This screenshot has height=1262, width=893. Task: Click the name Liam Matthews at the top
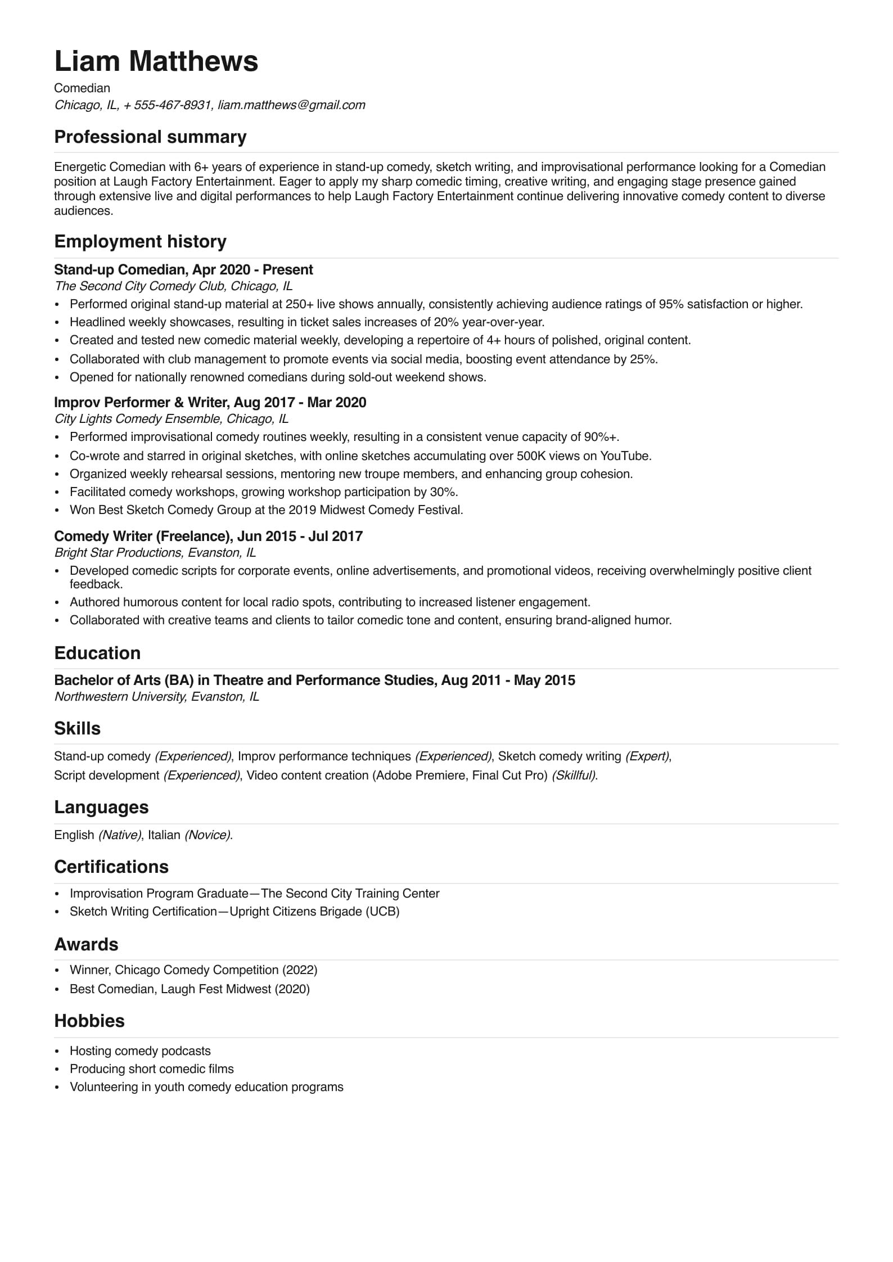pos(156,61)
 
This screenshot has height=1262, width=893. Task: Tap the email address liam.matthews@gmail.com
pos(291,105)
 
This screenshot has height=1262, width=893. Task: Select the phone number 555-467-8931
pos(172,105)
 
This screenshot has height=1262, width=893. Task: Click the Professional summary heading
pos(150,137)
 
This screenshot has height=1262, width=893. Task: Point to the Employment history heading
pos(140,242)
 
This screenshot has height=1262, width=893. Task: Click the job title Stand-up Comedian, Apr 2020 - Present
pos(183,270)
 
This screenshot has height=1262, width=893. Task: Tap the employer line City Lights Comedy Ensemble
pos(171,419)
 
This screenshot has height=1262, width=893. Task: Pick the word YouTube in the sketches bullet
pos(625,456)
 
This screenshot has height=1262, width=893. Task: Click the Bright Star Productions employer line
pos(155,553)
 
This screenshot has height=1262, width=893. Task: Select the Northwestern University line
pos(156,697)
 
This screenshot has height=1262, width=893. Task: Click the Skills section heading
pos(77,729)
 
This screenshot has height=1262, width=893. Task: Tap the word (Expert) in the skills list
pos(647,756)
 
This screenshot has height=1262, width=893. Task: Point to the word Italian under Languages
pos(164,835)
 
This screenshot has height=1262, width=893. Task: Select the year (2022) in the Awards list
pos(300,970)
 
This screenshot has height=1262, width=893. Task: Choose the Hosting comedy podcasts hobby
pos(140,1051)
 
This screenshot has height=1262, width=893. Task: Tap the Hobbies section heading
pos(89,1021)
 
